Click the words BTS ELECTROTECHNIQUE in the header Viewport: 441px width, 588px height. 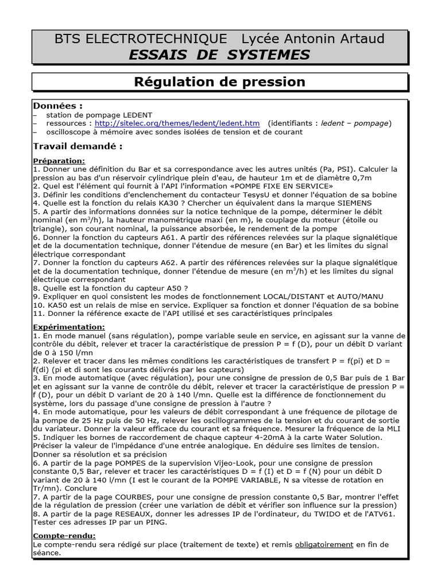[140, 38]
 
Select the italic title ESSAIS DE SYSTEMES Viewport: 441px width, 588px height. [220, 55]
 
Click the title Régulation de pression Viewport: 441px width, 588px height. [220, 82]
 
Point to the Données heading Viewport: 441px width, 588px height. [57, 106]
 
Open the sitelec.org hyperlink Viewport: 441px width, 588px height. [177, 123]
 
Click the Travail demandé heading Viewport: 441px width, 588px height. [78, 146]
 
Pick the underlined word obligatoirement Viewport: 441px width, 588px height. [324, 544]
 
